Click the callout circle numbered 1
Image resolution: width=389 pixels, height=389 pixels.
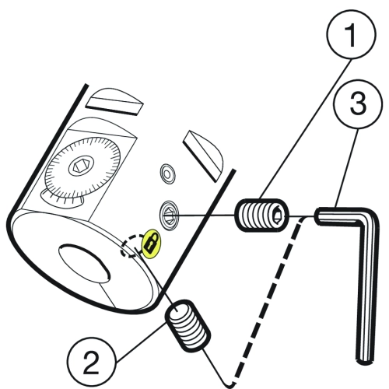[352, 34]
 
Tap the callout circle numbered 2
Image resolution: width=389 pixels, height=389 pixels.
[91, 362]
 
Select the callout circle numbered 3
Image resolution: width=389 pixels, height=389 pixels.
[358, 103]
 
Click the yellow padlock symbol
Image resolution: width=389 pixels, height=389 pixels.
[151, 244]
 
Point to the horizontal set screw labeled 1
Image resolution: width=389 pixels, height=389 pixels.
[262, 216]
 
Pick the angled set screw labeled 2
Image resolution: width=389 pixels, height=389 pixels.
[187, 326]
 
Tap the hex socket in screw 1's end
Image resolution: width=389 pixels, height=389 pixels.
[277, 216]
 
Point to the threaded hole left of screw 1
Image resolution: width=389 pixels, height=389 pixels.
[170, 215]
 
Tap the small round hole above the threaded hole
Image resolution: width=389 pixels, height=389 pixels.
[167, 173]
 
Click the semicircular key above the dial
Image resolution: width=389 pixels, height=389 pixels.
[114, 101]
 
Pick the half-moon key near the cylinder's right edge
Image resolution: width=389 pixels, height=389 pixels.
[203, 156]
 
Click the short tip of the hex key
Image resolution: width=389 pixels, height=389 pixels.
[318, 216]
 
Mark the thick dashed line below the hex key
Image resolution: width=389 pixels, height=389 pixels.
[267, 301]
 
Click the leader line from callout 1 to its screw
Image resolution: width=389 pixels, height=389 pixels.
[306, 129]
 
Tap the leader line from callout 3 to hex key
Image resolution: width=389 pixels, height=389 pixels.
[346, 167]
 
